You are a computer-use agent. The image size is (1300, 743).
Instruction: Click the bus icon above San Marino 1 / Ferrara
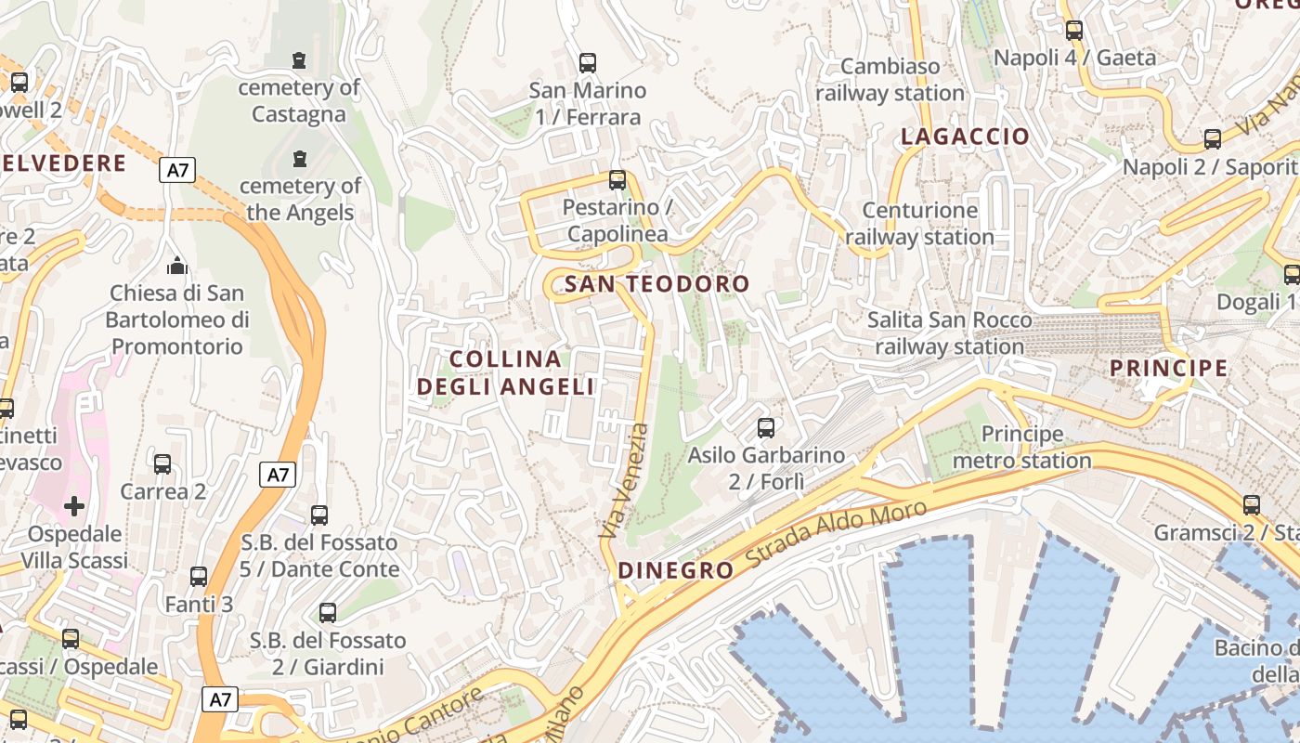[x=588, y=63]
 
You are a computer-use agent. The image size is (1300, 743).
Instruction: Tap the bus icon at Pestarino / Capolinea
[x=617, y=179]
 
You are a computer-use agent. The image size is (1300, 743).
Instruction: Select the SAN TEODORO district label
[x=656, y=284]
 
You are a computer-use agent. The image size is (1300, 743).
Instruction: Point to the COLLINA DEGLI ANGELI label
[x=505, y=372]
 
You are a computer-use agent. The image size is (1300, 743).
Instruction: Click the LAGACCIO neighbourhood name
[x=966, y=137]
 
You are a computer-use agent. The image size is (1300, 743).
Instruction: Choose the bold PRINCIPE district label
[x=1169, y=369]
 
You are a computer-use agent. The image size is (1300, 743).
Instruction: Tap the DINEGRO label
[x=676, y=570]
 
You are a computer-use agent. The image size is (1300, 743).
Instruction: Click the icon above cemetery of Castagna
[x=299, y=60]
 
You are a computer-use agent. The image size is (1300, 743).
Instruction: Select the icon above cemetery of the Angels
[x=299, y=159]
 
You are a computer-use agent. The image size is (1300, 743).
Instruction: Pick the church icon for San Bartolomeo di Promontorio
[x=176, y=267]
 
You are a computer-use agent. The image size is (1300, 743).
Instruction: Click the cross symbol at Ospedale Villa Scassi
[x=74, y=506]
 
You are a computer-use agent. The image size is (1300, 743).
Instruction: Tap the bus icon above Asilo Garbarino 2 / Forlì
[x=766, y=428]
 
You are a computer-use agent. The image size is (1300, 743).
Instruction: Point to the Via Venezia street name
[x=624, y=483]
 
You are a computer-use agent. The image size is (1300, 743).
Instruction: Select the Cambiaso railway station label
[x=890, y=80]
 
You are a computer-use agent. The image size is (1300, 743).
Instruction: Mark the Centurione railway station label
[x=919, y=224]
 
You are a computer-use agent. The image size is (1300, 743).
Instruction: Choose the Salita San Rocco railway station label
[x=949, y=333]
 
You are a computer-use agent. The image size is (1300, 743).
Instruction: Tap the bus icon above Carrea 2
[x=162, y=463]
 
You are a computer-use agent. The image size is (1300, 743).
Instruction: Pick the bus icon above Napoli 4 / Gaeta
[x=1074, y=30]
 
